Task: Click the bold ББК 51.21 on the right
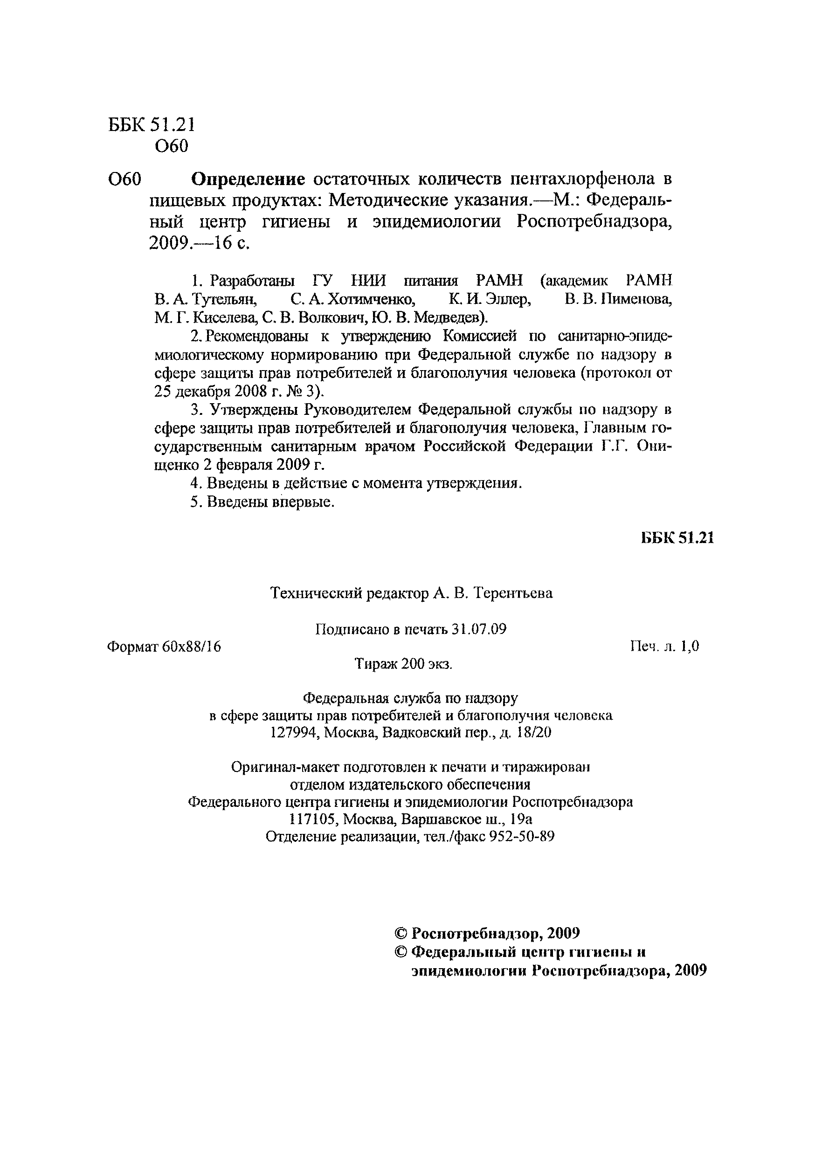677,538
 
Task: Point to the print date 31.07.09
478,629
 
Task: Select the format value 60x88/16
192,647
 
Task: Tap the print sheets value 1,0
690,647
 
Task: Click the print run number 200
413,664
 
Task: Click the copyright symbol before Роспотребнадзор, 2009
401,934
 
